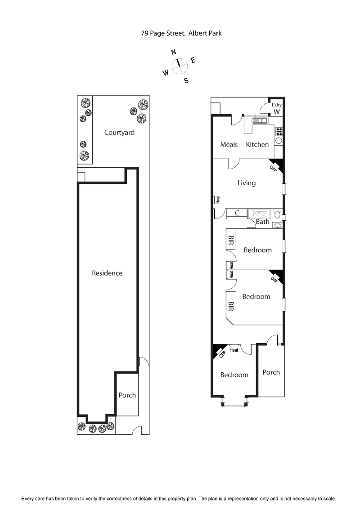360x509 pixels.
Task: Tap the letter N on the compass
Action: click(174, 52)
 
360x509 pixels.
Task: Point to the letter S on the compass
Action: click(186, 81)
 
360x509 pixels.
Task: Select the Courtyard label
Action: click(119, 133)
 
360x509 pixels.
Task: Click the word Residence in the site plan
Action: click(107, 273)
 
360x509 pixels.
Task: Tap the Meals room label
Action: click(229, 144)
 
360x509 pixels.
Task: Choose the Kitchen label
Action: click(257, 144)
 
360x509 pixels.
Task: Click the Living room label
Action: click(247, 183)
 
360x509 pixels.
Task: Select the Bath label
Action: click(262, 222)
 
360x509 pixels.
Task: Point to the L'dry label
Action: click(277, 105)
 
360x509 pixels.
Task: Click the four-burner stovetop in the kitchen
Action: click(279, 131)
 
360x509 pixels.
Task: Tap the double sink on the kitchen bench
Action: click(260, 121)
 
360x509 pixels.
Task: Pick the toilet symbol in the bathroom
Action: click(278, 213)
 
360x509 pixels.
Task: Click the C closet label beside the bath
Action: click(237, 213)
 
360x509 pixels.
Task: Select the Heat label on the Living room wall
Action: click(217, 200)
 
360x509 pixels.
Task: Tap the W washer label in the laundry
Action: click(277, 112)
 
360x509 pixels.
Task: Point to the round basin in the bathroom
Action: click(278, 225)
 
